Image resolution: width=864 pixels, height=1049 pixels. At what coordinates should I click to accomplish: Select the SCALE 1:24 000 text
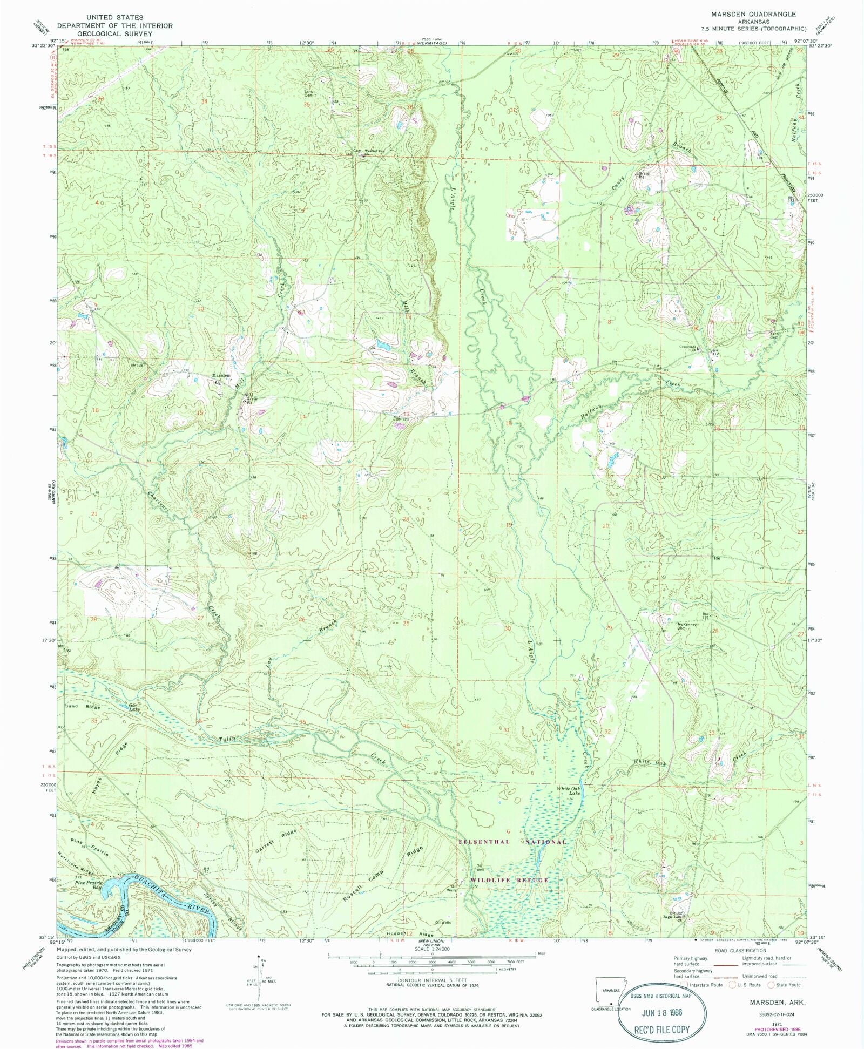point(433,949)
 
